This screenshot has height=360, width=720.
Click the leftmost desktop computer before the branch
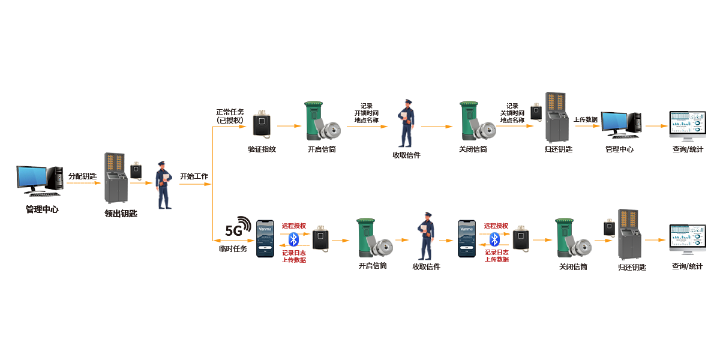pos(40,180)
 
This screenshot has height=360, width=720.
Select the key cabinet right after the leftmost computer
pos(116,178)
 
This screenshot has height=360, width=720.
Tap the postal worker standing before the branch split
pos(163,185)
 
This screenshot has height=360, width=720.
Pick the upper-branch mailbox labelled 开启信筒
pos(321,121)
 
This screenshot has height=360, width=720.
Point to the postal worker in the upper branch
pos(406,124)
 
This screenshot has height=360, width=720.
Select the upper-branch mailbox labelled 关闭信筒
pos(476,121)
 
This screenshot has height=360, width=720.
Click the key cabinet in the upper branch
pos(557,118)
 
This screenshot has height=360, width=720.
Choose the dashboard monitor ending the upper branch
pos(688,126)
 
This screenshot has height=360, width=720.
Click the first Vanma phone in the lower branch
pos(265,239)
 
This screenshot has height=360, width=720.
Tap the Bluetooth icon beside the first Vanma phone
pos(293,239)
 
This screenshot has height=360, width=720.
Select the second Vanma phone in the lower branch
pos(466,239)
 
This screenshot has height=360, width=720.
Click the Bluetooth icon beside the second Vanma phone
pos(494,239)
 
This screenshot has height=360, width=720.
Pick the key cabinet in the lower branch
pos(629,235)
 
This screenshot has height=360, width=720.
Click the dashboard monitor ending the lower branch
pos(688,240)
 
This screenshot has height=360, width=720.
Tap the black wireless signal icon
pos(239,226)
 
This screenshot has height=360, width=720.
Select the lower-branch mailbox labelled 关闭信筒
pos(572,238)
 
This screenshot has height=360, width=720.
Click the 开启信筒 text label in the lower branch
pos(373,266)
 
